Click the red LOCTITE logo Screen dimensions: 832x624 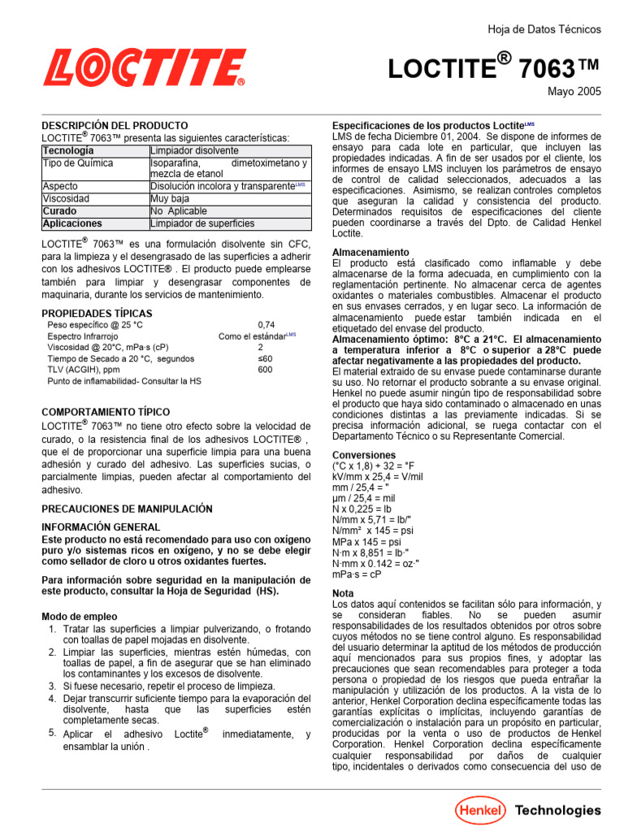pyautogui.click(x=144, y=67)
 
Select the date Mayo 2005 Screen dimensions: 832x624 pyautogui.click(x=574, y=92)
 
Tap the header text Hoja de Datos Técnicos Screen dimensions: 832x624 pyautogui.click(x=544, y=29)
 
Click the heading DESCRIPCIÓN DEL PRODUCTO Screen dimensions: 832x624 pyautogui.click(x=115, y=126)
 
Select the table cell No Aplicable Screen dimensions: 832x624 pyautogui.click(x=179, y=210)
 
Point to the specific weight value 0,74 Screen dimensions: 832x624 pyautogui.click(x=266, y=324)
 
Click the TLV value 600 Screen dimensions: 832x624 pyautogui.click(x=266, y=370)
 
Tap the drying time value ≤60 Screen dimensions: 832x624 pyautogui.click(x=266, y=358)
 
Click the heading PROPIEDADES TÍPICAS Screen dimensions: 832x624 pyautogui.click(x=97, y=313)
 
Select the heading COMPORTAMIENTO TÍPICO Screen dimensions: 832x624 pyautogui.click(x=106, y=412)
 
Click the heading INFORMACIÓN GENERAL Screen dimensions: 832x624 pyautogui.click(x=101, y=526)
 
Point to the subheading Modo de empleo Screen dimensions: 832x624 pyautogui.click(x=79, y=617)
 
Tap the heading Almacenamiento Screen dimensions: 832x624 pyautogui.click(x=370, y=253)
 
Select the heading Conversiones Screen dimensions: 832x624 pyautogui.click(x=364, y=455)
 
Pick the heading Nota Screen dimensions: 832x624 pyautogui.click(x=344, y=593)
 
